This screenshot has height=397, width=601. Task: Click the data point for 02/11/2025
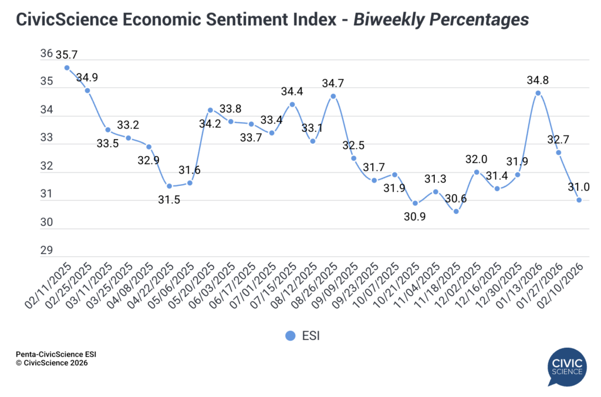67,67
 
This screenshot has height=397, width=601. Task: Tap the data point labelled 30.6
456,211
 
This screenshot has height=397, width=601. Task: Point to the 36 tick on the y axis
46,54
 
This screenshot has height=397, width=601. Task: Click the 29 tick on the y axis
46,251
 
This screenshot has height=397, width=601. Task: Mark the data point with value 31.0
579,200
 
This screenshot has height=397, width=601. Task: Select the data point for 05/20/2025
210,110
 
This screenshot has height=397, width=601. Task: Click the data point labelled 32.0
477,172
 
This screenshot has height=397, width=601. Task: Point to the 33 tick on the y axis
46,138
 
